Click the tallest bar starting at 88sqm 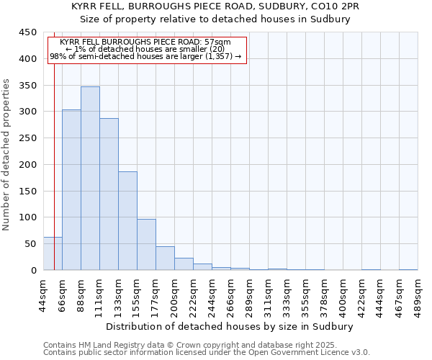(x=90, y=179)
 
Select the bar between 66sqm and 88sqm (x=71, y=190)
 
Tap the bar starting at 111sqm (x=109, y=194)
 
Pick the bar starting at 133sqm (x=127, y=221)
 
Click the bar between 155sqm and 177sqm (x=146, y=245)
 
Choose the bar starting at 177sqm (x=165, y=258)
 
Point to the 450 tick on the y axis (x=28, y=32)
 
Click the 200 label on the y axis (x=28, y=165)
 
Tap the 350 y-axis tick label (x=28, y=86)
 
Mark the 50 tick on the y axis (x=31, y=244)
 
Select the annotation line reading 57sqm (x=146, y=42)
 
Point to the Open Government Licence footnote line (x=207, y=353)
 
